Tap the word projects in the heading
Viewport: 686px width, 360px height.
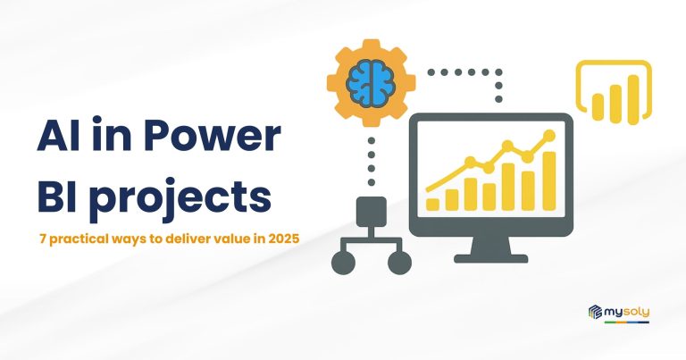point(183,199)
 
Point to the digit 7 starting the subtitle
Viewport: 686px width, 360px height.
point(43,239)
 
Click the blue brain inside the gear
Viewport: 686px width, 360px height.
point(371,83)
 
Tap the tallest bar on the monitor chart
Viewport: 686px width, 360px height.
point(549,181)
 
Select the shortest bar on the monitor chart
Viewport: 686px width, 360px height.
point(432,205)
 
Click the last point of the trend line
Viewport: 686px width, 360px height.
point(548,136)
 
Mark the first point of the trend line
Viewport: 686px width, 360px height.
point(429,189)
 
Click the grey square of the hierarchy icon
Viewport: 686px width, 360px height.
point(372,212)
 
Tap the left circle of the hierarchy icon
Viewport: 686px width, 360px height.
point(343,263)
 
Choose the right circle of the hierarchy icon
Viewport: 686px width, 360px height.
point(399,263)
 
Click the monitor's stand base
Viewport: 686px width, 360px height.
point(491,259)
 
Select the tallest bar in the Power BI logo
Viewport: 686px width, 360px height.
point(633,99)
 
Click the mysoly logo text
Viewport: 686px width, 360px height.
point(627,312)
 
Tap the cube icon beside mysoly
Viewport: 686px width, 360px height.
point(596,312)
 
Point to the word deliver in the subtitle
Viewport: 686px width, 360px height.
point(188,239)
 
